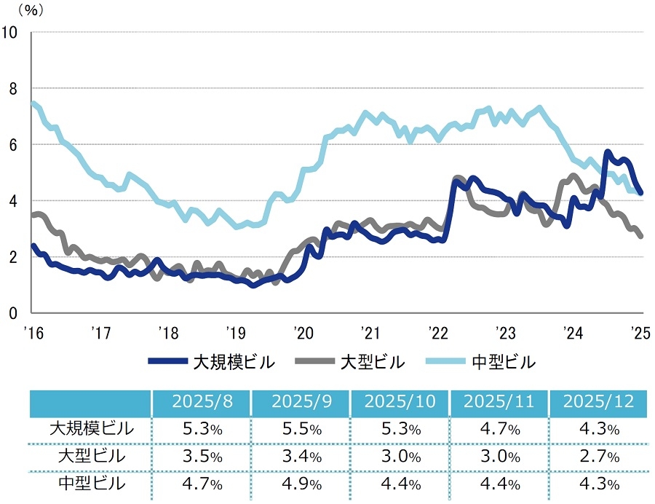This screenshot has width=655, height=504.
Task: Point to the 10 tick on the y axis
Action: tap(11, 32)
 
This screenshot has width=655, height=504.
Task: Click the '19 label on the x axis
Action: tap(235, 333)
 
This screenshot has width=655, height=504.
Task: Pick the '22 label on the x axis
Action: tap(437, 333)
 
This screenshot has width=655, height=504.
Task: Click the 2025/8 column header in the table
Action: tap(201, 402)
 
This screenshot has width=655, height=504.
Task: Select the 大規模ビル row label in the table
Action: tap(91, 429)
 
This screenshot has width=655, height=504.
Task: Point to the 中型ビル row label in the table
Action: tap(91, 483)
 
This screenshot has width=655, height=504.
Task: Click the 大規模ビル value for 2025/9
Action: tap(301, 429)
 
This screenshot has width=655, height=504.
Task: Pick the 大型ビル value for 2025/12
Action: tap(599, 457)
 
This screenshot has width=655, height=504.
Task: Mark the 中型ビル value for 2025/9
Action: tap(301, 484)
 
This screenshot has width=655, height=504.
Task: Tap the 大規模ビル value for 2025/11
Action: tap(499, 429)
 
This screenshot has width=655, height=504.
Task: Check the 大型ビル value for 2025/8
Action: tap(201, 457)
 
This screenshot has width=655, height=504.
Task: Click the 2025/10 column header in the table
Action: tap(400, 402)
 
